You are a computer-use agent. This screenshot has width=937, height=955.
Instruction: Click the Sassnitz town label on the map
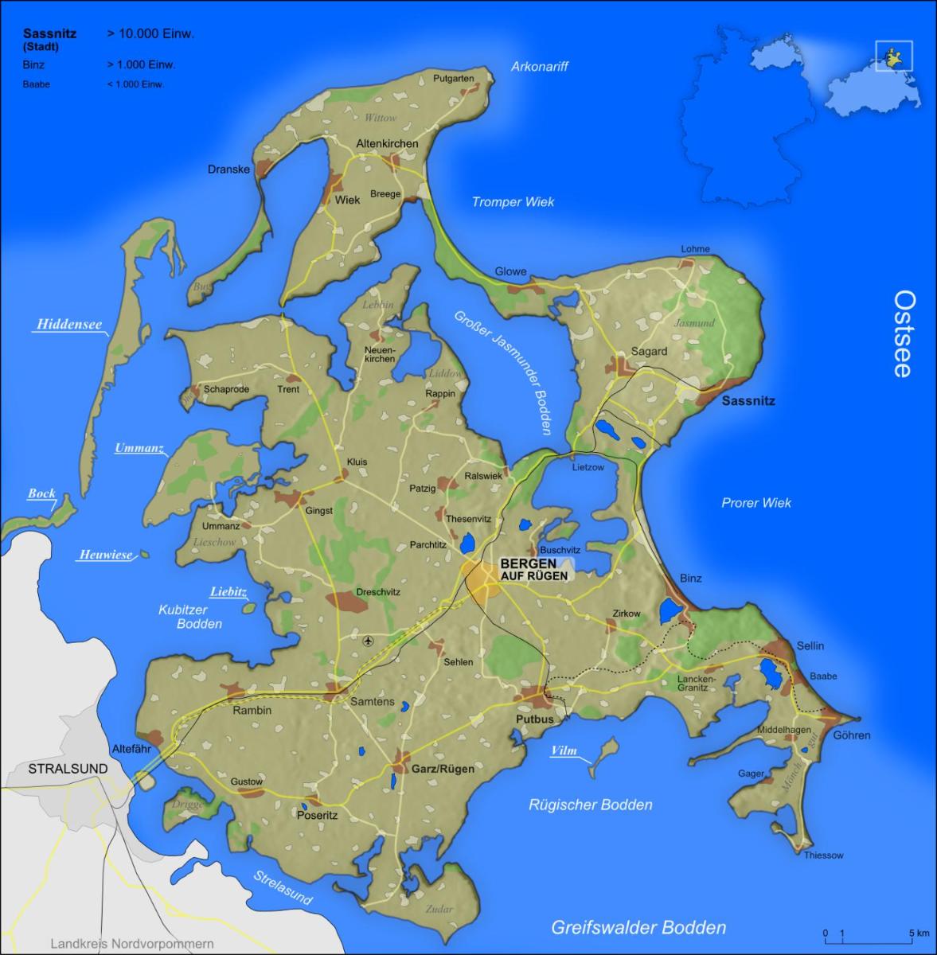point(748,401)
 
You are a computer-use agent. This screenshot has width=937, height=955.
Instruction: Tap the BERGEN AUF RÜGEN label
point(533,568)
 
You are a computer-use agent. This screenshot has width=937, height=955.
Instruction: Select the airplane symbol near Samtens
point(367,641)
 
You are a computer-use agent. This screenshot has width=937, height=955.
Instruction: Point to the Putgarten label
point(454,78)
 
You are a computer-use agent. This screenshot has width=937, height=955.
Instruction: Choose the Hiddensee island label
point(69,325)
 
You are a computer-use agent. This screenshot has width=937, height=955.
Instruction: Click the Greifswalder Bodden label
point(638,927)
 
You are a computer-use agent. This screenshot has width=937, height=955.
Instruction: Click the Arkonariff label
point(539,67)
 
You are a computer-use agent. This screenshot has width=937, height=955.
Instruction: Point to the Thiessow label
point(823,856)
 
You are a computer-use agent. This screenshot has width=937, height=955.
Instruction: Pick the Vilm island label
point(564,750)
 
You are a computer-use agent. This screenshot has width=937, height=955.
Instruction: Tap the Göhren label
point(851,735)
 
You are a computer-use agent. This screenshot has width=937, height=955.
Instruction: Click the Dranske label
point(228,170)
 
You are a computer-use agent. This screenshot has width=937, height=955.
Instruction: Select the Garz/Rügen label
point(443,769)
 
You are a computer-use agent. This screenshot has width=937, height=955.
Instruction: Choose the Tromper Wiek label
point(513,202)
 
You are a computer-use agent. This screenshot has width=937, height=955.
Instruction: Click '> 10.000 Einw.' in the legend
point(150,33)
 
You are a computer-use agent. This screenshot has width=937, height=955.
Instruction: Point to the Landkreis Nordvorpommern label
point(132,944)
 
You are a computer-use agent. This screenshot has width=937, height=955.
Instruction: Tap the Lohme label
point(695,249)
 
